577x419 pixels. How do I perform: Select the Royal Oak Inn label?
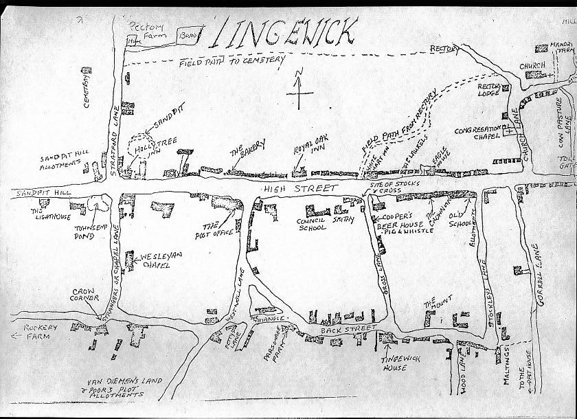pos(310,148)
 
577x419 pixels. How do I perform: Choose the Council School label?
pos(311,224)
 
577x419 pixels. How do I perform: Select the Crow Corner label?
pos(85,295)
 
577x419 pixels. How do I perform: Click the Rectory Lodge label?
pos(488,89)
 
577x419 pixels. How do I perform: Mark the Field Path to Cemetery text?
pos(232,63)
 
